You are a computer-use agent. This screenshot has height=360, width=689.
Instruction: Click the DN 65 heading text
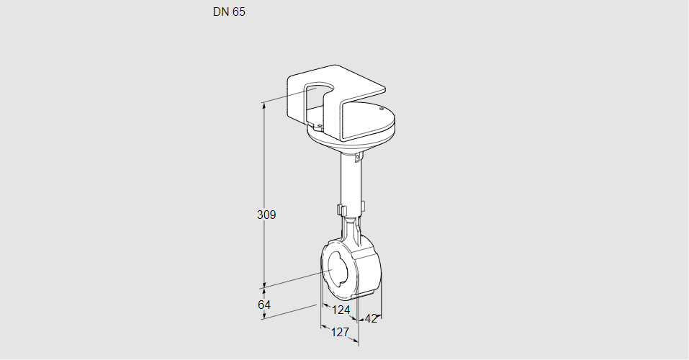click(229, 12)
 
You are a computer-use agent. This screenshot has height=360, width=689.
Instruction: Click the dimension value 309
click(266, 215)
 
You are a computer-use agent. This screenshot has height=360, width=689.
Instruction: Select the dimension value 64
click(264, 305)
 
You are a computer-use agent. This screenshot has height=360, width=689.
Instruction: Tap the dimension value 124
click(341, 310)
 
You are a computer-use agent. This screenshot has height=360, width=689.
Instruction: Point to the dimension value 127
click(340, 332)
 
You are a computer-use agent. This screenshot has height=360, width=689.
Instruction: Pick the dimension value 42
click(371, 318)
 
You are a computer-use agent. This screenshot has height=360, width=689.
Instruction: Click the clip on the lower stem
click(341, 210)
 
